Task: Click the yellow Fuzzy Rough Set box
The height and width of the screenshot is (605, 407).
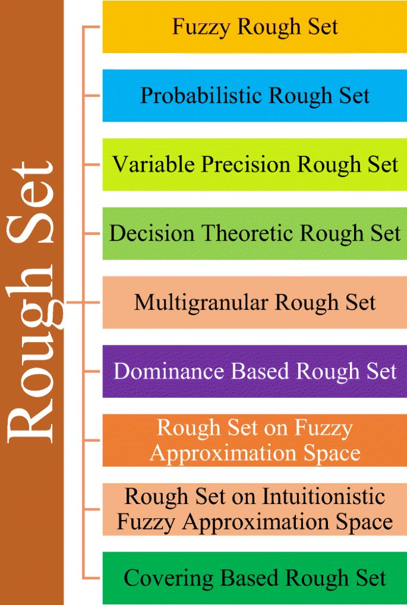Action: (254, 27)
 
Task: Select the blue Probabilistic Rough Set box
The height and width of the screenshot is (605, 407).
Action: (254, 96)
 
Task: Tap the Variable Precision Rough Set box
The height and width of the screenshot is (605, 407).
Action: (254, 164)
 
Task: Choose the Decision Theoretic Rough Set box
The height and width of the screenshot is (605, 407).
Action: (254, 233)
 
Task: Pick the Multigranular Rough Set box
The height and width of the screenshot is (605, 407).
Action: (254, 302)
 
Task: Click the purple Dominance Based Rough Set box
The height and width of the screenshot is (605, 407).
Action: (254, 371)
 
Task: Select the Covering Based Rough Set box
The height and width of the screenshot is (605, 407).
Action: (254, 578)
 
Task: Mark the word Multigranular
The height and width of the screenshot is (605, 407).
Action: (199, 302)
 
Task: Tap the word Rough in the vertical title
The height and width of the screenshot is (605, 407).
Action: (33, 356)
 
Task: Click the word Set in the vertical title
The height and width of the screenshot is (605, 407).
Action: (33, 196)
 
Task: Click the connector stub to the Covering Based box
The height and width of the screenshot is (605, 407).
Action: (93, 578)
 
